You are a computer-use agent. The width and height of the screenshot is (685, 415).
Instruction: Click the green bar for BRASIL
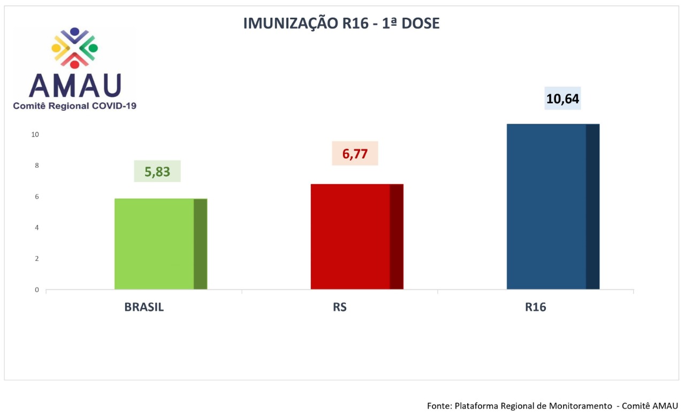pyautogui.click(x=161, y=244)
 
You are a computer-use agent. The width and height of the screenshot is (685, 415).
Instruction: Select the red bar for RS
pyautogui.click(x=357, y=237)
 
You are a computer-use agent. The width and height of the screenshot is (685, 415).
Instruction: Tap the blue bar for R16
pyautogui.click(x=553, y=207)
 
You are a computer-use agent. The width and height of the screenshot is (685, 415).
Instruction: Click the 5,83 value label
pyautogui.click(x=157, y=171)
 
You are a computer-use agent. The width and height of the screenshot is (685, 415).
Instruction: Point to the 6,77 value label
pyautogui.click(x=355, y=153)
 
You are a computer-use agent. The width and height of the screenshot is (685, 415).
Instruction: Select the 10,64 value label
pyautogui.click(x=562, y=99)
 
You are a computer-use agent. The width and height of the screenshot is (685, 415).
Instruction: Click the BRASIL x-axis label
pyautogui.click(x=144, y=307)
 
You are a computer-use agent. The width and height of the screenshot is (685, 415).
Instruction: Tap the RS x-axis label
pyautogui.click(x=340, y=307)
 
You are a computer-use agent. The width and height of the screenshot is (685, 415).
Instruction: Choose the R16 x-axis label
pyautogui.click(x=536, y=307)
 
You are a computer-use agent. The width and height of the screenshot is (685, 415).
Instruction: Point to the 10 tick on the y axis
pyautogui.click(x=35, y=134)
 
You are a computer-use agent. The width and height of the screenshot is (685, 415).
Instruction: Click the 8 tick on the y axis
pyautogui.click(x=37, y=165)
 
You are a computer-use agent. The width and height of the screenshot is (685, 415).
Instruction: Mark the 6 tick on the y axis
pyautogui.click(x=37, y=197)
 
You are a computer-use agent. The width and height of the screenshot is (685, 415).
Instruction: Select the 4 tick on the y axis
pyautogui.click(x=37, y=228)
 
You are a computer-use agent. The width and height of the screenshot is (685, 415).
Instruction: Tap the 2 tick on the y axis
pyautogui.click(x=37, y=259)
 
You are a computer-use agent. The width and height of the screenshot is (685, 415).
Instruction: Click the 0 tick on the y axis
pyautogui.click(x=37, y=290)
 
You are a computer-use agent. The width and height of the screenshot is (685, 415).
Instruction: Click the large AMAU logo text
pyautogui.click(x=75, y=86)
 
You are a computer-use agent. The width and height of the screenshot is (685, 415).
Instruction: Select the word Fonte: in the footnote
pyautogui.click(x=439, y=406)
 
